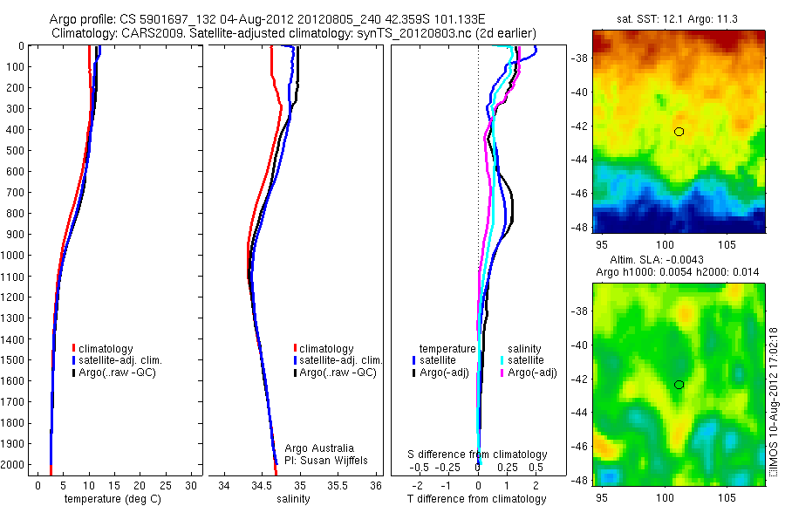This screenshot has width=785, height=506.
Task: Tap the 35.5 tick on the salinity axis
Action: tap(338, 484)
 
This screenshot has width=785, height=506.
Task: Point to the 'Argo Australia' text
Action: tap(319, 448)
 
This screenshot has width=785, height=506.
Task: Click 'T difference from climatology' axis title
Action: tap(476, 498)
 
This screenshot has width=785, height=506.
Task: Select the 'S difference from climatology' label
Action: tap(478, 455)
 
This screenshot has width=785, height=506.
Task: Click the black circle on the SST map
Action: tap(679, 132)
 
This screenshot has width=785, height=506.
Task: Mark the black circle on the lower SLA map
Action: tap(679, 385)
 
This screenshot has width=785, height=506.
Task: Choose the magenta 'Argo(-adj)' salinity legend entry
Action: tap(531, 373)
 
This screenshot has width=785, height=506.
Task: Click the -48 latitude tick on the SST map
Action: tap(579, 227)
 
